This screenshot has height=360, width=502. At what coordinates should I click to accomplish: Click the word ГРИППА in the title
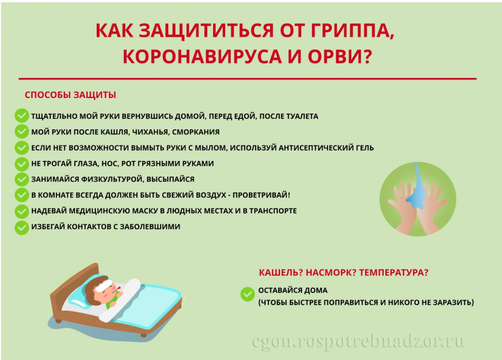tap(339, 31)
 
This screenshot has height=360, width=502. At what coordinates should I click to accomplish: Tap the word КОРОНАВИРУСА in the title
tap(202, 56)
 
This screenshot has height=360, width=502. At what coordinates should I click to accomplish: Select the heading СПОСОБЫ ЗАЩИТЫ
tap(70, 95)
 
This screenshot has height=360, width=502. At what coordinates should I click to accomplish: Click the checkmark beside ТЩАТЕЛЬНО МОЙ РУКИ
tap(22, 116)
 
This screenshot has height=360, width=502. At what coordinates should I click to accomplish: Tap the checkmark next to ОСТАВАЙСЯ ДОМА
tap(247, 294)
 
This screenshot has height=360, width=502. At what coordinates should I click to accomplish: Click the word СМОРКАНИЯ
tap(196, 132)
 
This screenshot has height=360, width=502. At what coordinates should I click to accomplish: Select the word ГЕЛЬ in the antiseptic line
tap(365, 148)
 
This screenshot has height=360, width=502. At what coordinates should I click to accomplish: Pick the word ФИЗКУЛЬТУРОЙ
tap(112, 179)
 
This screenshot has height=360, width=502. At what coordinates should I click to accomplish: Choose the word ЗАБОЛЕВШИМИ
tap(150, 226)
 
